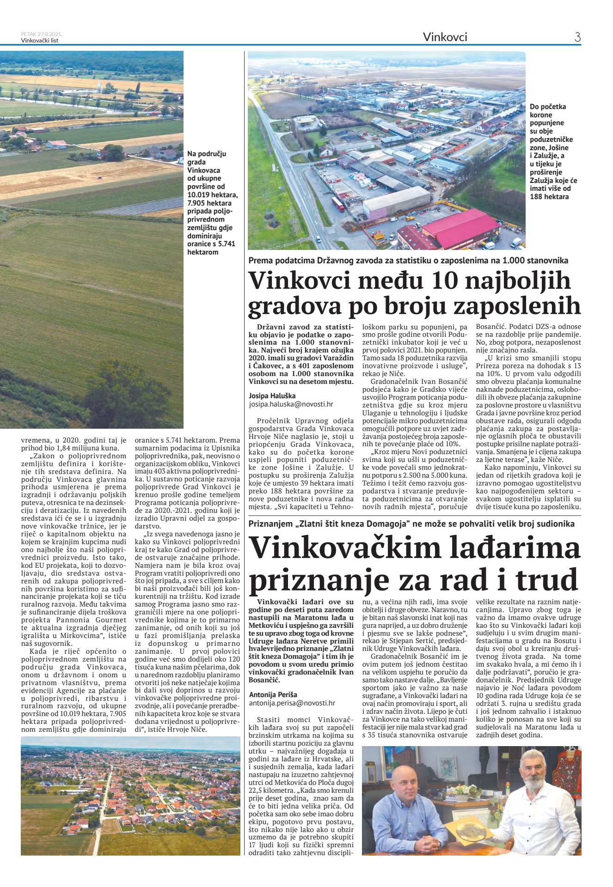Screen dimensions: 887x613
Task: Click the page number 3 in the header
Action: pos(577,37)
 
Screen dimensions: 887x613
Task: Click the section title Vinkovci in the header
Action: pos(445,37)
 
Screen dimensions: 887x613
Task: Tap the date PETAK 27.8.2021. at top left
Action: pos(42,34)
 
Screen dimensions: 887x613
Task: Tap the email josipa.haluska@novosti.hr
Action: pos(291,404)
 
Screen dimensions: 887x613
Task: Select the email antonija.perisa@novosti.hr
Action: pos(292,703)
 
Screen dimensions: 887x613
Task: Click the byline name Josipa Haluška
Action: pos(272,395)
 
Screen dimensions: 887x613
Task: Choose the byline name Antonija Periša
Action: pos(273,694)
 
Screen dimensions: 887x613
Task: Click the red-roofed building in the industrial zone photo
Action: pos(460,228)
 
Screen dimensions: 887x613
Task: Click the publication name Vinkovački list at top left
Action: pos(40,40)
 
